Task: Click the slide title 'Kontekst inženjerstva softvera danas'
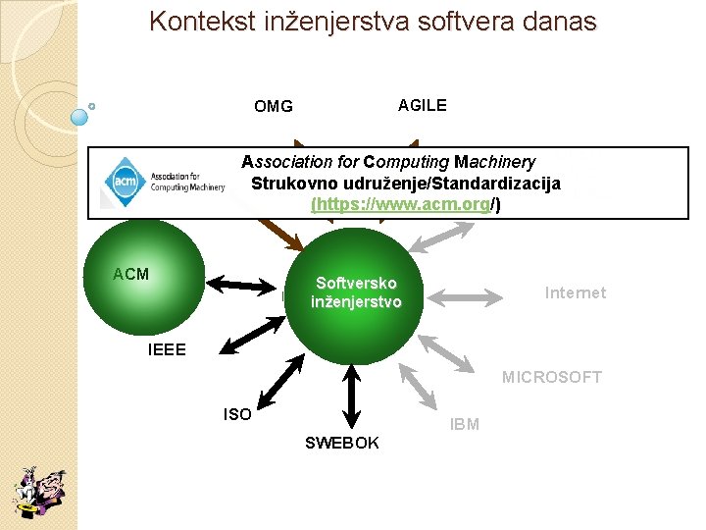[373, 22]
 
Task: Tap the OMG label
[273, 106]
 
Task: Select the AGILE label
[422, 105]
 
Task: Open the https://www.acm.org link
[401, 205]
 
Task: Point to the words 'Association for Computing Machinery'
[388, 162]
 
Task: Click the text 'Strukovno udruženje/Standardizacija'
[406, 184]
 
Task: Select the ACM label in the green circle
[130, 274]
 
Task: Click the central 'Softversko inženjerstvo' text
[356, 292]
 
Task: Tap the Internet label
[576, 292]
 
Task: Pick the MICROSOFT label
[552, 377]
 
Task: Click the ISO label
[237, 415]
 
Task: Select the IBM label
[464, 425]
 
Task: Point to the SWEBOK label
[341, 444]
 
